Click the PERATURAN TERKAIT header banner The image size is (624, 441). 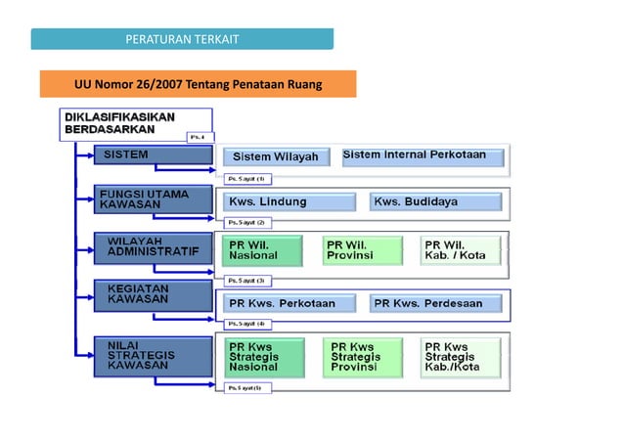(182, 39)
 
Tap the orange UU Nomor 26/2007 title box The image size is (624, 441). (198, 84)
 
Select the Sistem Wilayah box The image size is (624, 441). (275, 156)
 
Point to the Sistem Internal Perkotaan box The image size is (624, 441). (422, 155)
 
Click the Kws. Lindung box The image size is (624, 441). (290, 202)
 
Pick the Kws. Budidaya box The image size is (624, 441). (435, 202)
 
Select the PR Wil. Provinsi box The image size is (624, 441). (362, 249)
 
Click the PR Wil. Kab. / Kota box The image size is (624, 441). (460, 249)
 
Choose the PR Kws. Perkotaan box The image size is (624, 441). (290, 303)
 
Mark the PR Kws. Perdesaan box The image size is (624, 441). (435, 303)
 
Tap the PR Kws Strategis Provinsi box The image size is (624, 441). (363, 358)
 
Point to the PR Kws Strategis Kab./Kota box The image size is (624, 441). (461, 358)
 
